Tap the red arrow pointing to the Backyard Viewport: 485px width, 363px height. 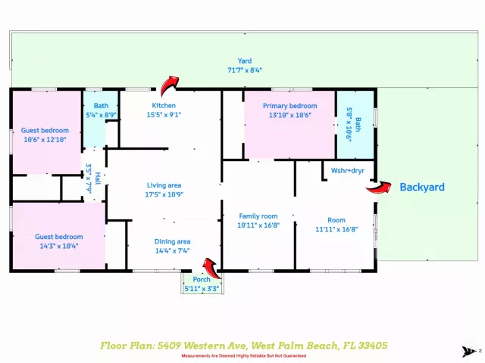[379, 188]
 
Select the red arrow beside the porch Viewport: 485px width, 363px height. [212, 268]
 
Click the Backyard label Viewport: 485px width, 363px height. [422, 187]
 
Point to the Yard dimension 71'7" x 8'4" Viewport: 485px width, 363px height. [245, 70]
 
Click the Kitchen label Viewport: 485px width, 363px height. [164, 106]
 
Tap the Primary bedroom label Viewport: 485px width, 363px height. [289, 106]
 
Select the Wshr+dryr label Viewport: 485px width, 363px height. [348, 171]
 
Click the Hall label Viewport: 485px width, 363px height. [98, 178]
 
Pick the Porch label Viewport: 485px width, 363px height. [202, 279]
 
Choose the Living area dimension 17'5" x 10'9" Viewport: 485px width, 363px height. [164, 194]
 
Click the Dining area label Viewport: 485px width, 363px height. [172, 242]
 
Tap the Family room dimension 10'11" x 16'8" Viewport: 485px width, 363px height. [258, 225]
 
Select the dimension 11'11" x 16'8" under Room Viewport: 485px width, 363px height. [336, 229]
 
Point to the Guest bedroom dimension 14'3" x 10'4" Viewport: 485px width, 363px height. [59, 246]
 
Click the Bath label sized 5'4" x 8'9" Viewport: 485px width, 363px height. [101, 106]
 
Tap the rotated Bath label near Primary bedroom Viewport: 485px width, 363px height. [358, 124]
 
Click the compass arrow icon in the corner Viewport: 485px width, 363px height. [470, 351]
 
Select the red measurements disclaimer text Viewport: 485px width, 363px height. [244, 356]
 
